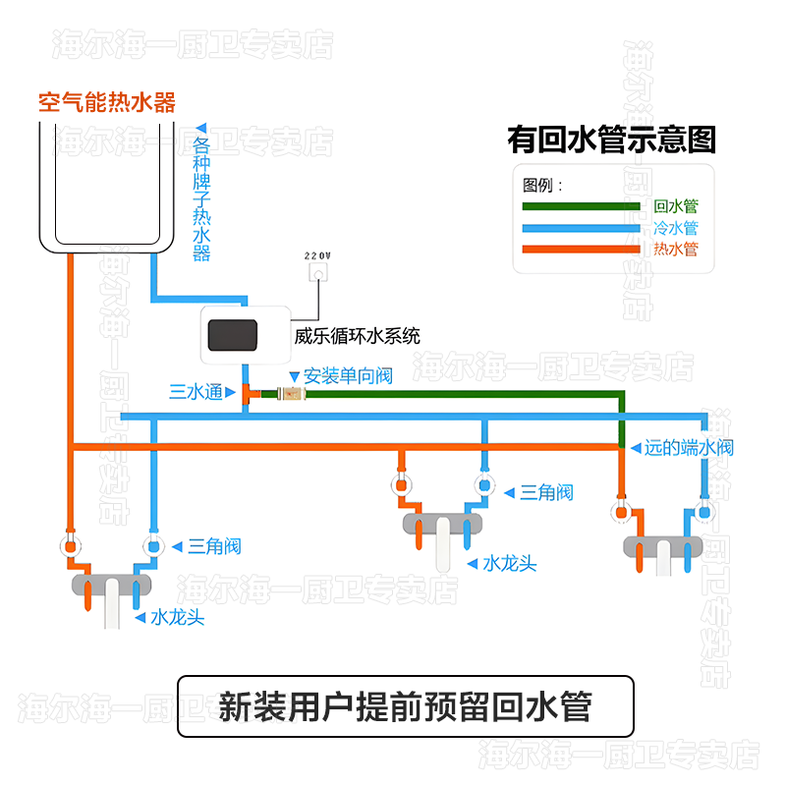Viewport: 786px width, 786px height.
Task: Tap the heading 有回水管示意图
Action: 611,140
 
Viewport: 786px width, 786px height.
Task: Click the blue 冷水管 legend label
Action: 675,228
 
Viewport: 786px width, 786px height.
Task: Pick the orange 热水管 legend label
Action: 675,250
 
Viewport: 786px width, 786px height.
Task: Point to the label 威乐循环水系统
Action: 357,336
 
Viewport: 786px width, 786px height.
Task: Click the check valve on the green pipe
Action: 291,395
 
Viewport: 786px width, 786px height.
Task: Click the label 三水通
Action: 196,392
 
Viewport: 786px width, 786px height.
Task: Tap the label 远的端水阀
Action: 688,448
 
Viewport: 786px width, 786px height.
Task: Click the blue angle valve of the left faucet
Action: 153,546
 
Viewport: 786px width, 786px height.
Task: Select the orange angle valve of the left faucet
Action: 71,546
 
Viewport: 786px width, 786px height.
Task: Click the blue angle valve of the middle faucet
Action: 483,484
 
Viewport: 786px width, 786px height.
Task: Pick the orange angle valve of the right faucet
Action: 621,511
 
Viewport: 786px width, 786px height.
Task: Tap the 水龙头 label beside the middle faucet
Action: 509,564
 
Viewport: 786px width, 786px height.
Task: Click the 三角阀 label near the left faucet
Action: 214,546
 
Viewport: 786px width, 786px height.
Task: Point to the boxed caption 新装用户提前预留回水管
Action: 404,706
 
